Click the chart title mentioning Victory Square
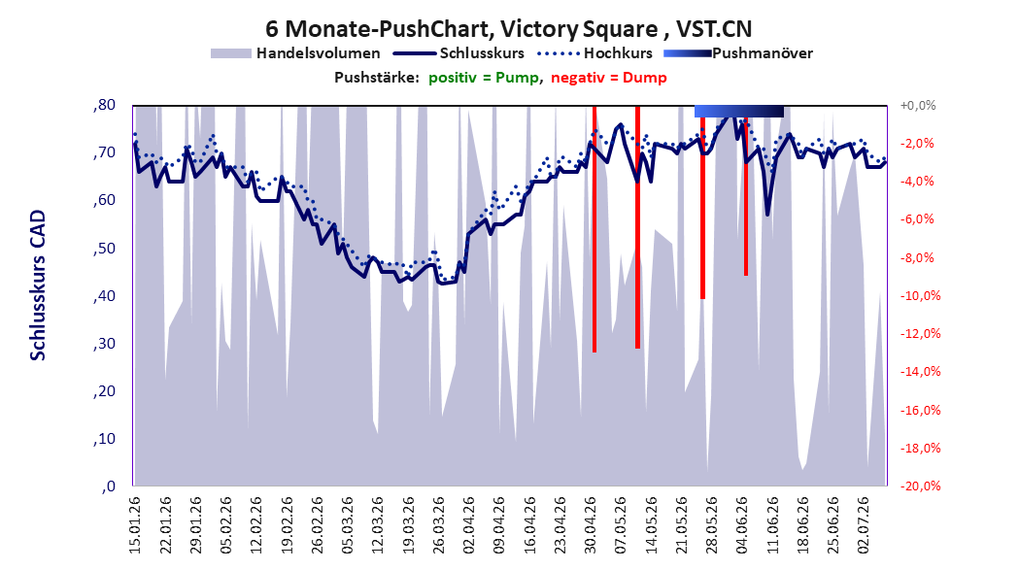[509, 29]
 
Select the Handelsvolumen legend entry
[295, 53]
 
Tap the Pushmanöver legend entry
[738, 53]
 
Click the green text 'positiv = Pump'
[484, 78]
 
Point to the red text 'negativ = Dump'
[609, 78]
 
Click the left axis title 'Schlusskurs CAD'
[38, 285]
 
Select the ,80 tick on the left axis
[104, 105]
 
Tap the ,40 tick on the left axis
[104, 296]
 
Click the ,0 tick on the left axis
[109, 486]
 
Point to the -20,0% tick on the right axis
[920, 486]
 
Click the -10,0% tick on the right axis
[920, 296]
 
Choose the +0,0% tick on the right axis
[918, 105]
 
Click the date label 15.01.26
[134, 525]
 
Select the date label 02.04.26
[468, 525]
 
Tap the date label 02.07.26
[863, 525]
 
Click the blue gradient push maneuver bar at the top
[739, 111]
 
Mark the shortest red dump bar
[746, 196]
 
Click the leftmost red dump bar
[594, 229]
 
